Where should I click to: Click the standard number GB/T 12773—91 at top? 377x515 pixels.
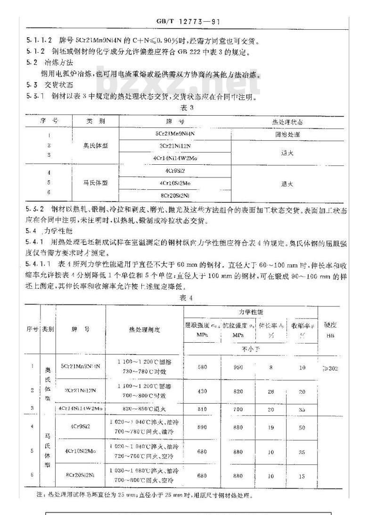click(188, 21)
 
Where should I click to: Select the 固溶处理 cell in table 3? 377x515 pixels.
click(287, 134)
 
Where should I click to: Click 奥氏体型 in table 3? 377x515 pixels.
click(96, 145)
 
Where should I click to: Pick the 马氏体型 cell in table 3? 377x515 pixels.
click(96, 183)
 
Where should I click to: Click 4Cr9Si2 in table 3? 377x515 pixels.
click(174, 170)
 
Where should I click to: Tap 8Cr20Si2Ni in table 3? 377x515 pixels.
click(174, 195)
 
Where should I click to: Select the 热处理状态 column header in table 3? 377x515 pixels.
click(287, 122)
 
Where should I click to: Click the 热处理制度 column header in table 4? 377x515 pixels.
click(144, 329)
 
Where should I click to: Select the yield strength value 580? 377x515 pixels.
click(203, 368)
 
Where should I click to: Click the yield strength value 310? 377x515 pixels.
click(203, 409)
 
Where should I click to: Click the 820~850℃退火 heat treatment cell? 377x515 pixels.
click(144, 409)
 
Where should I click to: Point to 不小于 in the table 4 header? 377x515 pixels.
click(248, 350)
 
